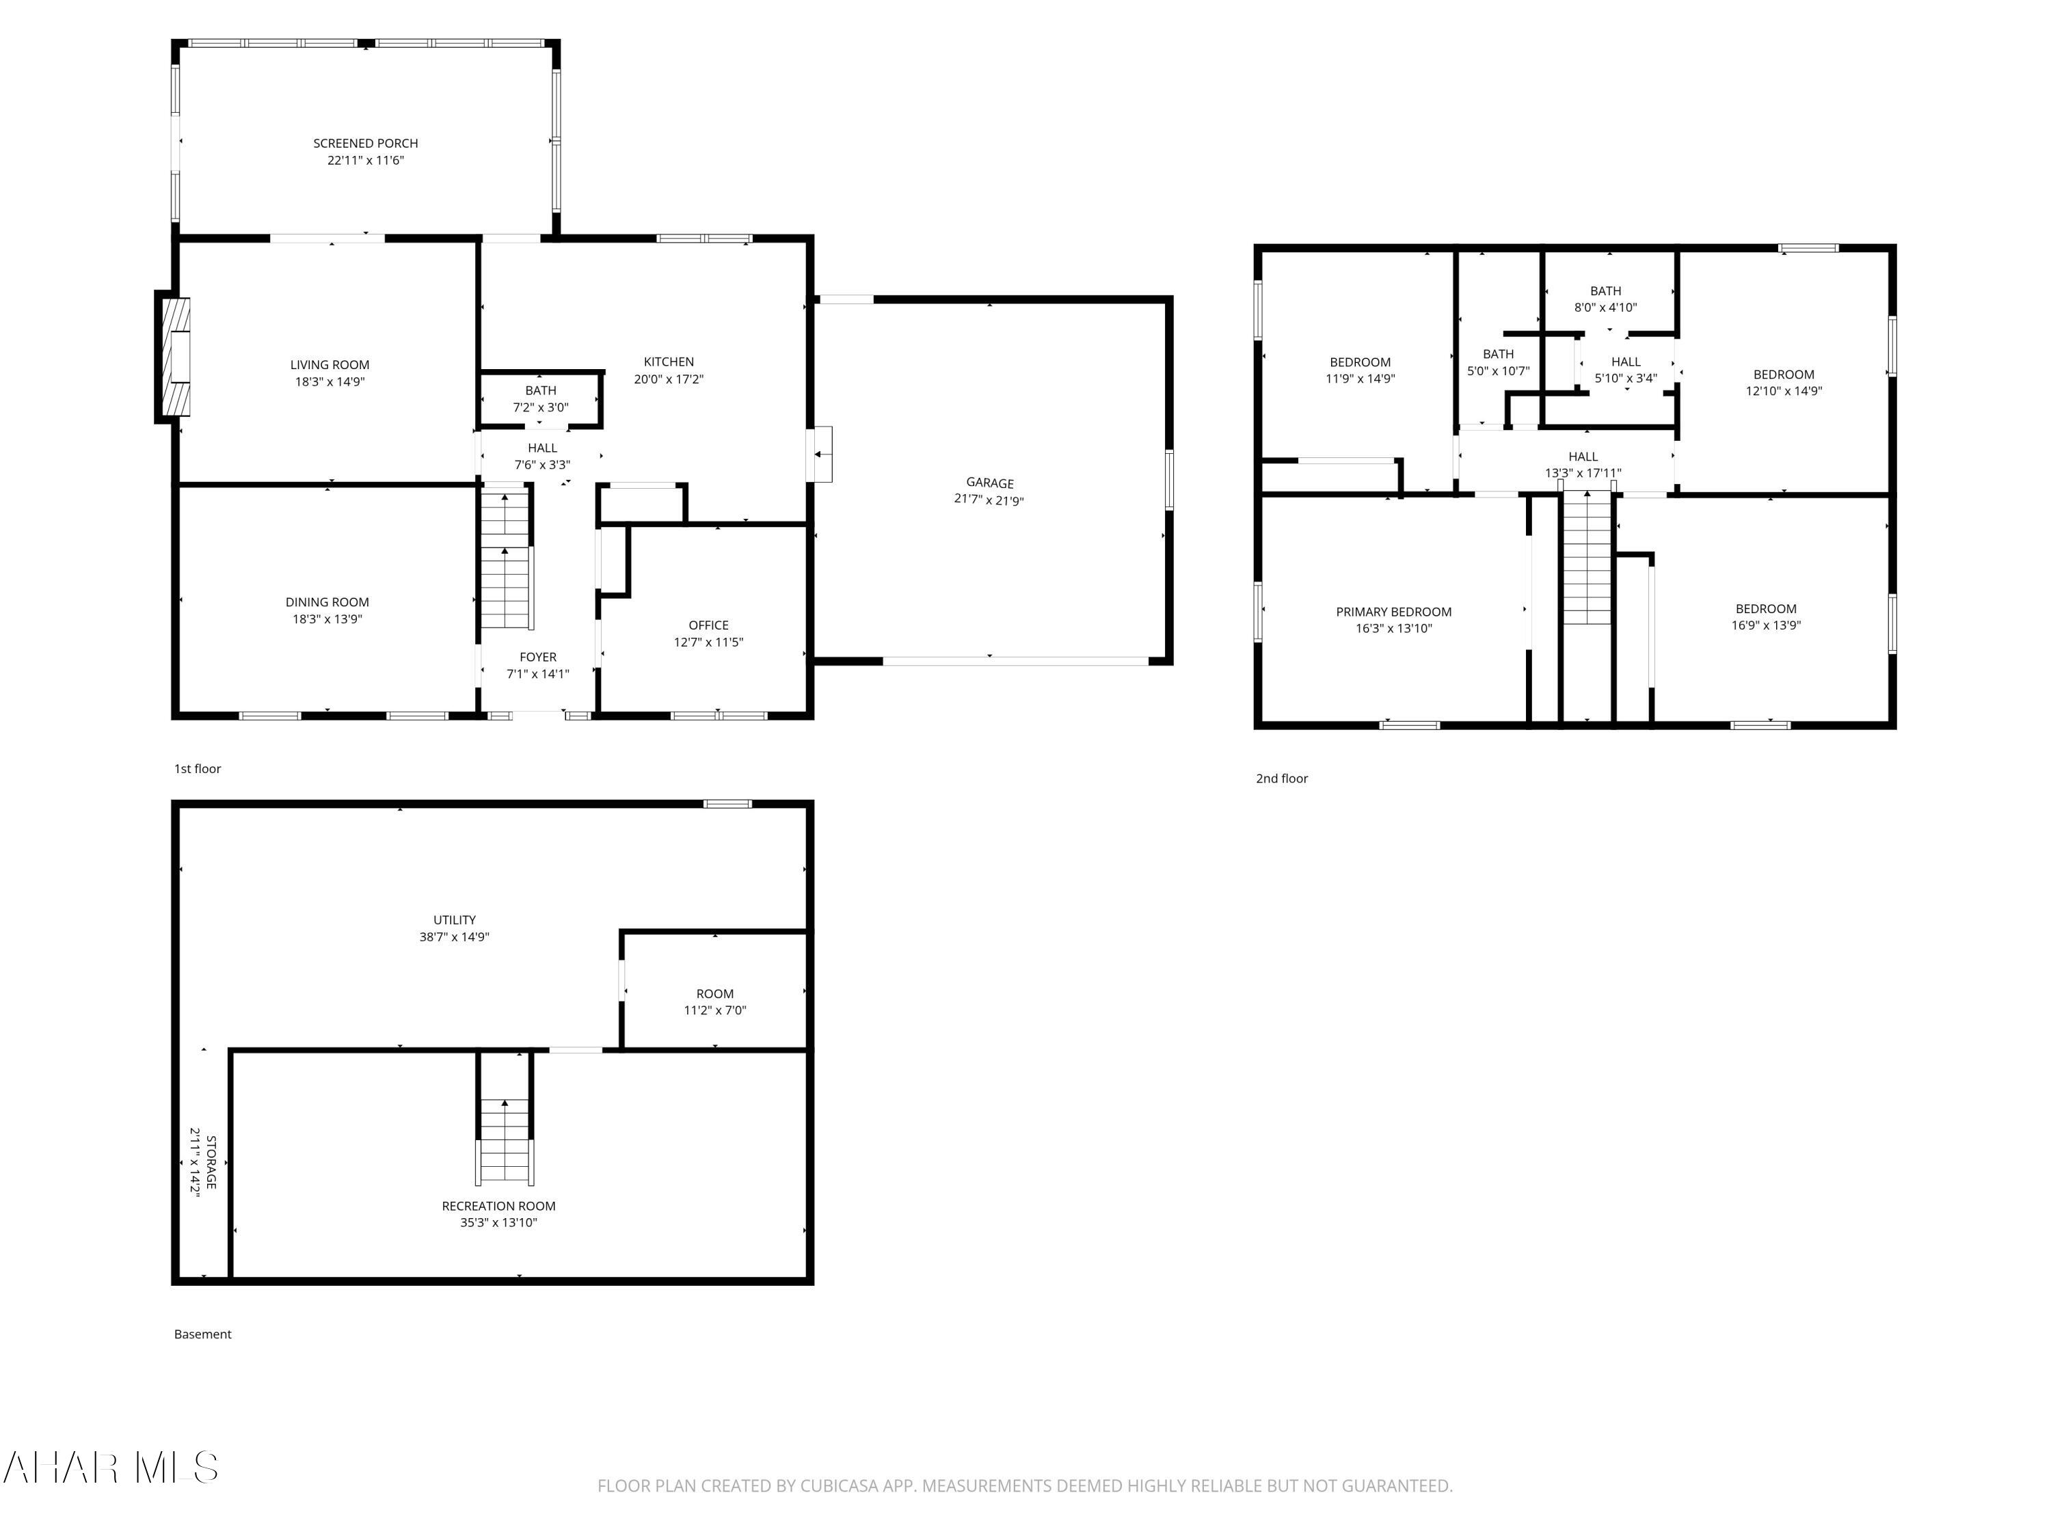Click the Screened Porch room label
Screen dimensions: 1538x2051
pyautogui.click(x=365, y=144)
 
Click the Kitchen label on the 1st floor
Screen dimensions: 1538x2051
pyautogui.click(x=669, y=362)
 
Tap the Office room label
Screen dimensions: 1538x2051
pyautogui.click(x=708, y=625)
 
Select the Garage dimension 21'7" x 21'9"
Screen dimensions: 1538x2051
pyautogui.click(x=989, y=500)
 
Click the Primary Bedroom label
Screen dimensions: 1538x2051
pyautogui.click(x=1393, y=612)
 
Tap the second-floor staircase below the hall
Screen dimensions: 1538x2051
pyautogui.click(x=1587, y=561)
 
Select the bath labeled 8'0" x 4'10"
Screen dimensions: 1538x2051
pyautogui.click(x=1605, y=299)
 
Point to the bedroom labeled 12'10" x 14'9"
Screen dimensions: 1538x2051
pyautogui.click(x=1783, y=383)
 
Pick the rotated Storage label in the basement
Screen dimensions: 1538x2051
pyautogui.click(x=203, y=1163)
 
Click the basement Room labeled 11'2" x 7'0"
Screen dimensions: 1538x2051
pyautogui.click(x=714, y=1002)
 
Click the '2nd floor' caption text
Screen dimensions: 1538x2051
pyautogui.click(x=1281, y=779)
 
